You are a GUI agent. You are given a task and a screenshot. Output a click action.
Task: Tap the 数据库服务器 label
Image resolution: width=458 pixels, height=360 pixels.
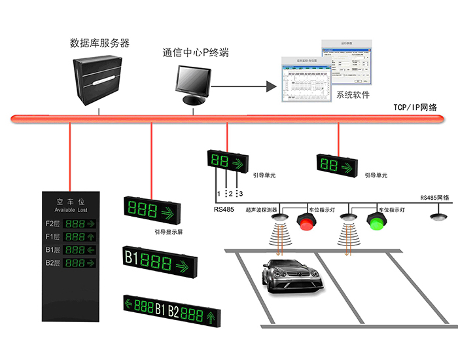pyautogui.click(x=99, y=43)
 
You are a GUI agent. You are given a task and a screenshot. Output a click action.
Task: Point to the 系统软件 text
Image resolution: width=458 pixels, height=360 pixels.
pyautogui.click(x=353, y=95)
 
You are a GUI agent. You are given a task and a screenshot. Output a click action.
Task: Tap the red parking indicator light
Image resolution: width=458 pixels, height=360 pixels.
pyautogui.click(x=307, y=221)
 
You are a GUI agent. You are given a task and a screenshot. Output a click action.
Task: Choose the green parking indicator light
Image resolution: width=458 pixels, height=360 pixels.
pyautogui.click(x=376, y=221)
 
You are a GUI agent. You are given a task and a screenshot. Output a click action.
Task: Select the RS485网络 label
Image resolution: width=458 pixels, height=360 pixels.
pyautogui.click(x=434, y=197)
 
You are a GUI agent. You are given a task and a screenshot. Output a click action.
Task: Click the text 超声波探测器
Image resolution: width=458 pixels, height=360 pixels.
pyautogui.click(x=261, y=211)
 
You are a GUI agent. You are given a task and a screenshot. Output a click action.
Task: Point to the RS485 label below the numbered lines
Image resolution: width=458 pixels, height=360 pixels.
pyautogui.click(x=223, y=210)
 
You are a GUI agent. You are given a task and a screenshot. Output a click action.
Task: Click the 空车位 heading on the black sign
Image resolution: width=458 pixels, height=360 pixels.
pyautogui.click(x=69, y=201)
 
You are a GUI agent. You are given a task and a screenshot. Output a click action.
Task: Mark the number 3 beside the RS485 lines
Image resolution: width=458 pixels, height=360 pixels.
pyautogui.click(x=240, y=194)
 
